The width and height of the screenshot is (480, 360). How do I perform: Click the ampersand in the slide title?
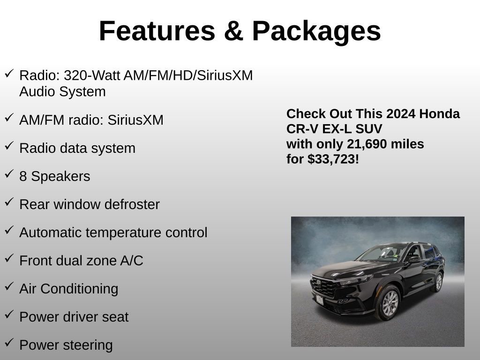click(233, 31)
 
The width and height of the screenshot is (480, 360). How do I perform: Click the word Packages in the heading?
click(316, 31)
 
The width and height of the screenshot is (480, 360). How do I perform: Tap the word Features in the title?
click(157, 31)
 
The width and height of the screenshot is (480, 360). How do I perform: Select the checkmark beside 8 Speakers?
click(9, 174)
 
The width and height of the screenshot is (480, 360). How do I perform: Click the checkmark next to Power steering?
click(9, 343)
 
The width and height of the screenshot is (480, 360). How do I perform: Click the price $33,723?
click(333, 159)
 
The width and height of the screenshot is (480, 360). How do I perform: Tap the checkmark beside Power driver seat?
click(9, 315)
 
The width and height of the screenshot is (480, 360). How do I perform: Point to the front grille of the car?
click(323, 287)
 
